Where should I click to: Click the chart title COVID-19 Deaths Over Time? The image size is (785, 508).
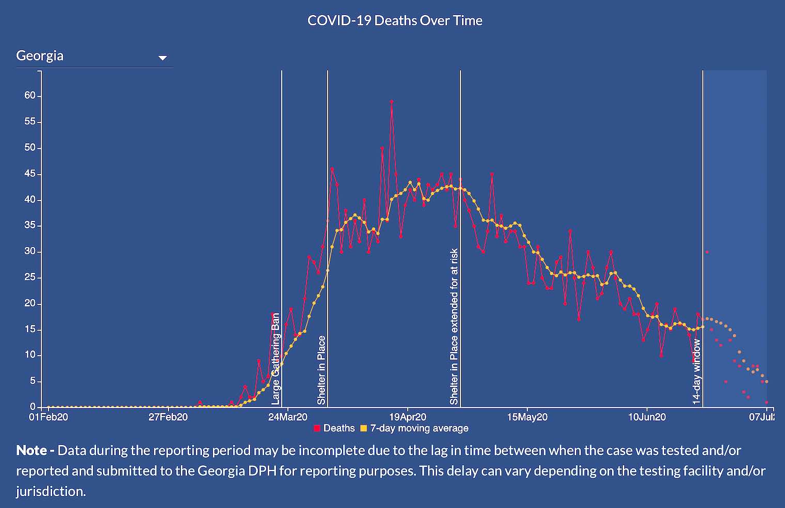395,21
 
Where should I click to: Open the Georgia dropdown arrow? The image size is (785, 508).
163,58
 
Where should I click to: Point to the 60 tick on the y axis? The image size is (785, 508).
30,96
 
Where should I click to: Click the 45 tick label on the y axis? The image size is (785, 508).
30,174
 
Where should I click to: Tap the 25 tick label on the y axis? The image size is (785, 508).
30,278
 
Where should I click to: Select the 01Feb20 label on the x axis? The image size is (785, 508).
48,417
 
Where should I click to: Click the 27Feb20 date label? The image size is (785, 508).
168,417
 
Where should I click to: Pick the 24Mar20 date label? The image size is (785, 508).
288,417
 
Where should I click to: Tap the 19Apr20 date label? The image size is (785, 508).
408,417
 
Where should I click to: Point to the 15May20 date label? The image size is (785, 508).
527,417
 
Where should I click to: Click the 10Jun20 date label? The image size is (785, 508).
647,417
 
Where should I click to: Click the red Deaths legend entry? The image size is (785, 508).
334,428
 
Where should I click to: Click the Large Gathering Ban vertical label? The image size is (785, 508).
275,359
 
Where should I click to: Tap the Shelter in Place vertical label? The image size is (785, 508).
321,370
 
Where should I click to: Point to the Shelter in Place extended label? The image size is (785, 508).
454,327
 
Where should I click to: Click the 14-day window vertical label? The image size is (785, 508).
697,371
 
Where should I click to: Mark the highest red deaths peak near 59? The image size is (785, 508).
392,102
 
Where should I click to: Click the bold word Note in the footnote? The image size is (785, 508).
32,450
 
